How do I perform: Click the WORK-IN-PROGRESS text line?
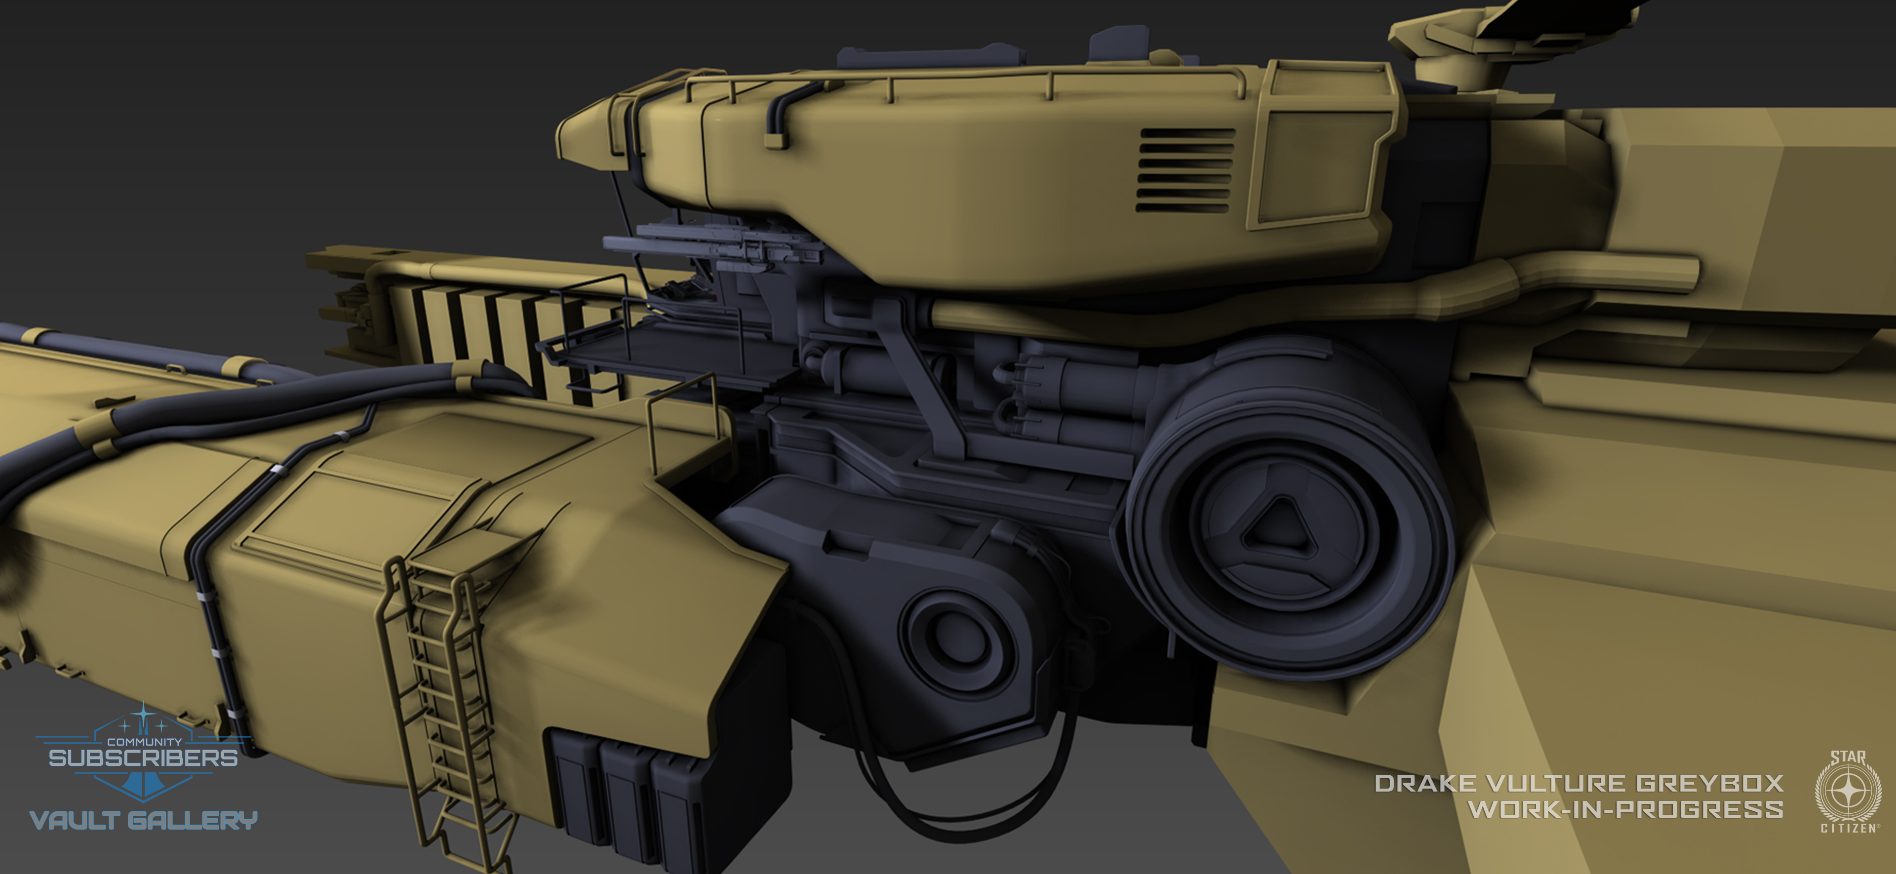point(1625,809)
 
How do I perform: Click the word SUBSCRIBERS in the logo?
point(144,758)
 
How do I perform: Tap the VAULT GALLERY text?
point(144,820)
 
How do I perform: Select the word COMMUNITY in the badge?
point(144,742)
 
